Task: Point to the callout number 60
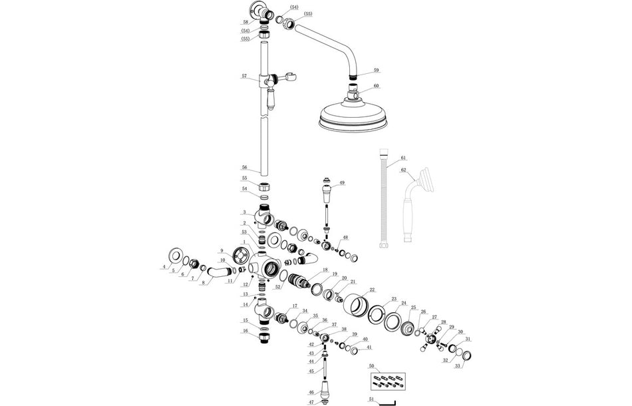[377, 86]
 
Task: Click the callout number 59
[377, 70]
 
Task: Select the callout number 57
[244, 77]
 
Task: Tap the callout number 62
[403, 170]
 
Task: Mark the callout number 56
[244, 168]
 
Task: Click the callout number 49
[342, 183]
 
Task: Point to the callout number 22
[372, 290]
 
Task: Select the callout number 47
[311, 403]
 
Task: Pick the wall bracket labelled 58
[259, 11]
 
